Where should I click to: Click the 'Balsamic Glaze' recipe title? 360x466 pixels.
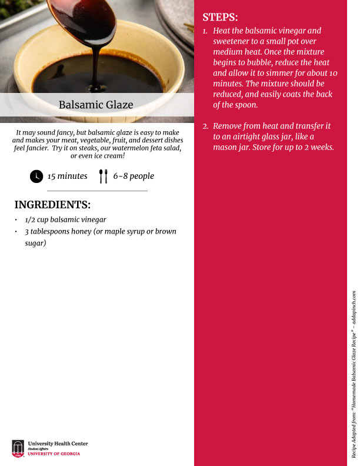[x=96, y=105]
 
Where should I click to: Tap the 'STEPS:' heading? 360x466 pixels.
[x=221, y=17]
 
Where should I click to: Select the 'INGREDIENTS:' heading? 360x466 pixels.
[x=52, y=205]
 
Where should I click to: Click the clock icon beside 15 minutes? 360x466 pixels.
[x=36, y=176]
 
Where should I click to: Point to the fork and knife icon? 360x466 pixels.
[x=104, y=176]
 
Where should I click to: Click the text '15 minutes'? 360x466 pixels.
[x=68, y=176]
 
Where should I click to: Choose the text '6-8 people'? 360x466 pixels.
[x=134, y=176]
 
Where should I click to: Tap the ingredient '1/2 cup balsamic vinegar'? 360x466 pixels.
[x=65, y=219]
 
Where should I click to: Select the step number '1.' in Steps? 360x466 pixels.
[x=205, y=31]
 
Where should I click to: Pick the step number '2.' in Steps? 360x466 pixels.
[x=205, y=126]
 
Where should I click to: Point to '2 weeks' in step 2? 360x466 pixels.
[x=319, y=147]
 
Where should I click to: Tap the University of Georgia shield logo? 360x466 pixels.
[x=18, y=448]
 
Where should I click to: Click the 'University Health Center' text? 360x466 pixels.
[x=58, y=442]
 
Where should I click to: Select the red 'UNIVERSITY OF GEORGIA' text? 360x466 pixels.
[x=54, y=454]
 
